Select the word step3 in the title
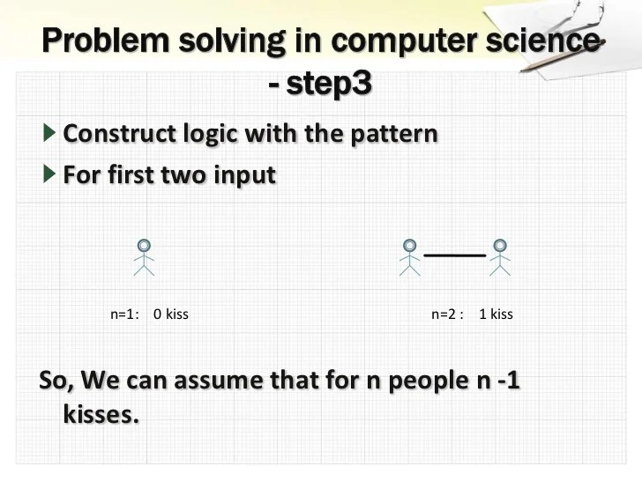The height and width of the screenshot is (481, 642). pyautogui.click(x=330, y=85)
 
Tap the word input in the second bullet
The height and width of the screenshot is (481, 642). pyautogui.click(x=242, y=174)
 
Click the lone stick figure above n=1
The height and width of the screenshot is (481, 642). pyautogui.click(x=145, y=258)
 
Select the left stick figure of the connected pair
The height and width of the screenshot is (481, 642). pyautogui.click(x=409, y=258)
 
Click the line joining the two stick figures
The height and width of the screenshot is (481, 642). pyautogui.click(x=455, y=255)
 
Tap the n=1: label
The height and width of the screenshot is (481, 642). pyautogui.click(x=125, y=314)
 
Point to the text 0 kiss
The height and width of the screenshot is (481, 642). pyautogui.click(x=171, y=314)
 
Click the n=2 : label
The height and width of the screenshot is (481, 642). pyautogui.click(x=447, y=314)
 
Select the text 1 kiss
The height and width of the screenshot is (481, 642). pyautogui.click(x=496, y=314)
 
